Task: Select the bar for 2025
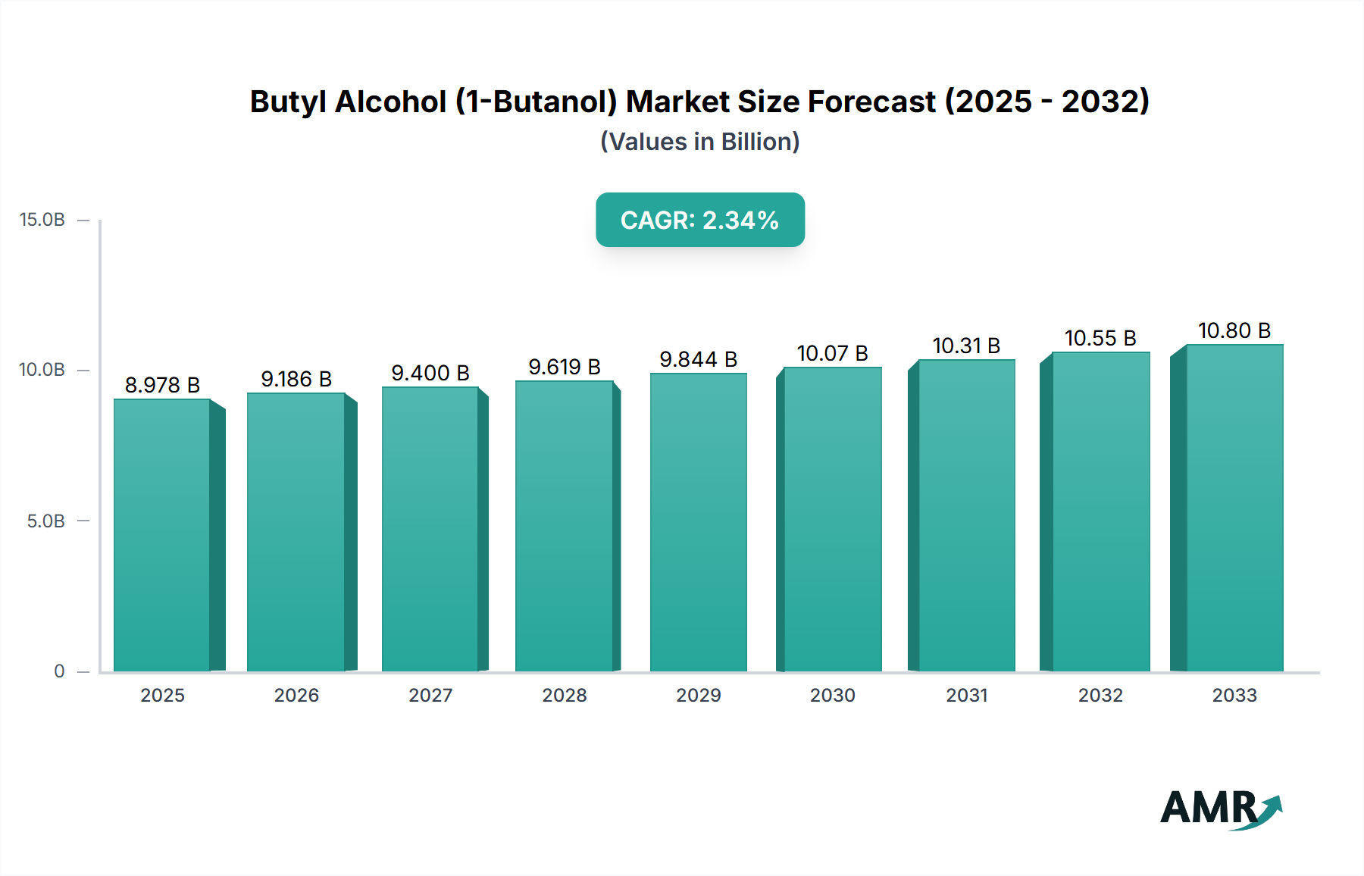tap(162, 535)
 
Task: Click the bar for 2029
tap(698, 522)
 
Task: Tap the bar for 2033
tap(1234, 508)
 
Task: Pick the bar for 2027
tap(430, 529)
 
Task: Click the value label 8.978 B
tap(162, 385)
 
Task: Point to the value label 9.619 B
tap(565, 367)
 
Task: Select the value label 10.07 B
tap(832, 353)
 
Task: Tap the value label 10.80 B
tap(1234, 330)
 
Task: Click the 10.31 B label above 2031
tap(966, 346)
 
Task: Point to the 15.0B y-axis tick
tap(42, 220)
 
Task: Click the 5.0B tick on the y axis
tap(46, 521)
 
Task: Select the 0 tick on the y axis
tap(59, 671)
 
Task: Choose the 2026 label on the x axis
tap(296, 696)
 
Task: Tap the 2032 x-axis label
tap(1100, 696)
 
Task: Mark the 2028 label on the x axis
tap(565, 696)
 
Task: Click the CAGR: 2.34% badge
tap(699, 220)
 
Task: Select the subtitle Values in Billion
tap(699, 142)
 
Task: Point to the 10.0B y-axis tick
tap(42, 370)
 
